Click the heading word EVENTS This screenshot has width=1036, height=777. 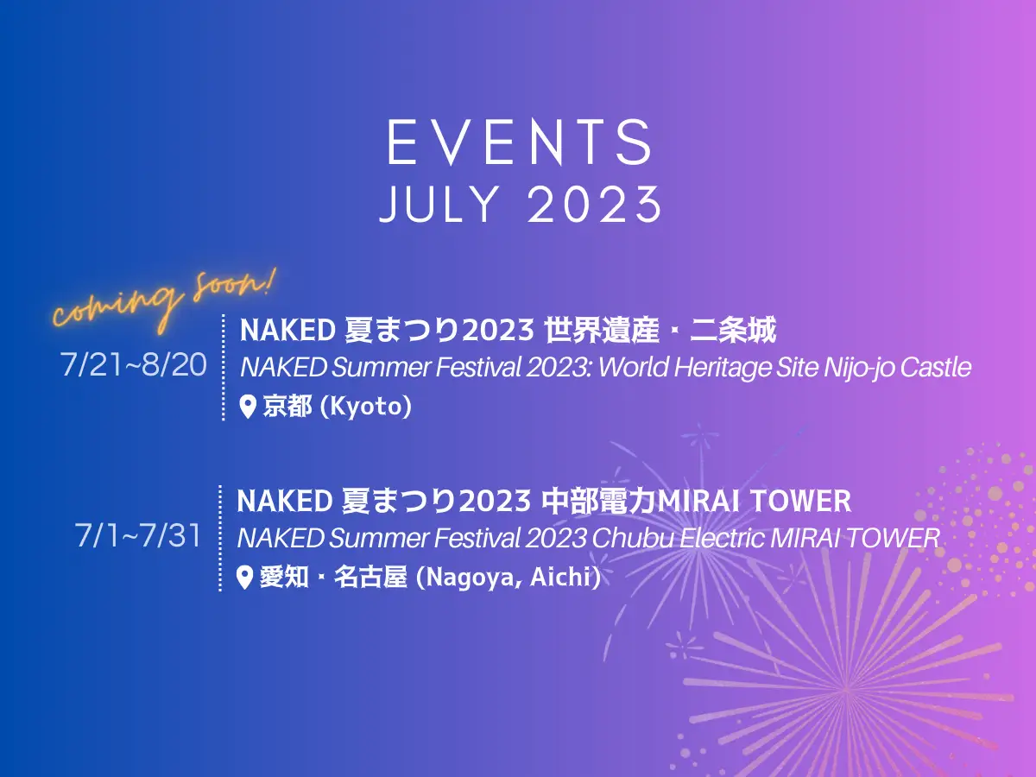(520, 142)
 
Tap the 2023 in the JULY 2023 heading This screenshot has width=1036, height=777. (594, 205)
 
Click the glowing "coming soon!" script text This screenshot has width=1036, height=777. (163, 301)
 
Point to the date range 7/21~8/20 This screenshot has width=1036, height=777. (134, 364)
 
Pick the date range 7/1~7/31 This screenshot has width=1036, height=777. (138, 535)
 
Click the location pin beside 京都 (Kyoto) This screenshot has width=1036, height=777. (248, 407)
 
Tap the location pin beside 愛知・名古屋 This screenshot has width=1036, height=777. (244, 578)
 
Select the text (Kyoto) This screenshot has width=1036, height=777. (366, 407)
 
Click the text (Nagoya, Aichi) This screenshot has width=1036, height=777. (509, 578)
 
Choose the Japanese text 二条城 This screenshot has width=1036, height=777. (733, 330)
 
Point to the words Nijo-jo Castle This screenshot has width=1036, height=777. (897, 368)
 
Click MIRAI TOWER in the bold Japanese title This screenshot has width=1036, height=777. (755, 501)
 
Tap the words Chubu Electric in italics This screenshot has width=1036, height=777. (679, 538)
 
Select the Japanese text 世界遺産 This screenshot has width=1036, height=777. (601, 330)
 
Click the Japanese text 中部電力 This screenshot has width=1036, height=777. (598, 501)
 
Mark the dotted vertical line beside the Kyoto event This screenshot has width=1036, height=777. (224, 367)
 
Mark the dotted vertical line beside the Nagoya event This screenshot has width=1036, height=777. (220, 538)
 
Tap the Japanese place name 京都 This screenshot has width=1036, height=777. (287, 407)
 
